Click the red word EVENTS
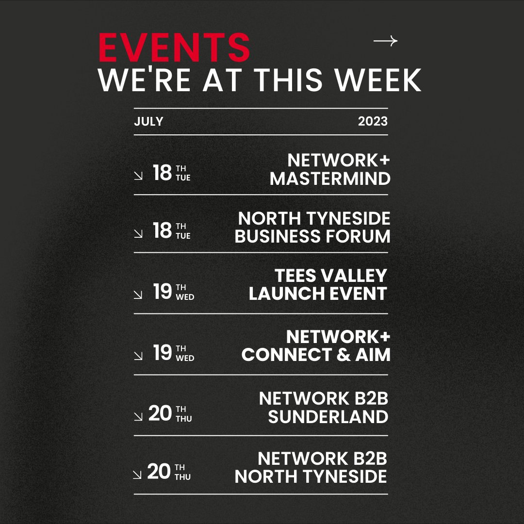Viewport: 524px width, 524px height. (x=174, y=48)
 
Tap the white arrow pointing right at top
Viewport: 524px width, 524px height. (x=385, y=41)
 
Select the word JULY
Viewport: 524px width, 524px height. (x=148, y=121)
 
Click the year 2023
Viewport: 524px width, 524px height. (x=373, y=121)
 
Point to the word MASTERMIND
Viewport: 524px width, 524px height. (x=330, y=179)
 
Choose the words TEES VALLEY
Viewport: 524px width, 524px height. (x=331, y=276)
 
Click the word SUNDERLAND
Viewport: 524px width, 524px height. (x=328, y=417)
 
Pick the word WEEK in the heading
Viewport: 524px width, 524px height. (x=379, y=80)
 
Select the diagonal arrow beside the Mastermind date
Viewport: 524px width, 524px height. (x=138, y=176)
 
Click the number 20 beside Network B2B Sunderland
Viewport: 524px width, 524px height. (x=160, y=413)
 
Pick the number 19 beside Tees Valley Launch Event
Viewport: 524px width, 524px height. (x=163, y=292)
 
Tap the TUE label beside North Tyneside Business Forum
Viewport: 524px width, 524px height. (x=183, y=236)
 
